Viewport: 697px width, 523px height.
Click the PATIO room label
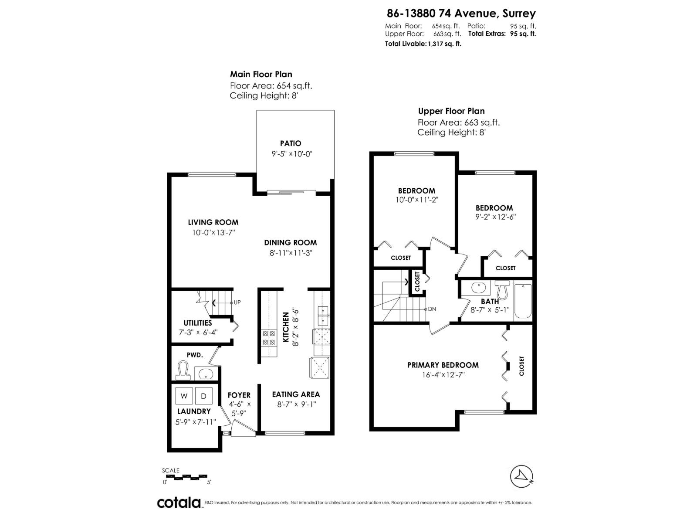click(291, 143)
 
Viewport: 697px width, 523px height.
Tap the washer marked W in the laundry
click(184, 396)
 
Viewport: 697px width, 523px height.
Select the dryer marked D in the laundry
click(203, 396)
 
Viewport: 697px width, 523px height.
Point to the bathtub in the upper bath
click(523, 301)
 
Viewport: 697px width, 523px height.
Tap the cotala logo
click(179, 503)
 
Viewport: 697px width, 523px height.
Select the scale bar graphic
click(186, 477)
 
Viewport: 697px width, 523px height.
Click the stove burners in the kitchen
click(269, 338)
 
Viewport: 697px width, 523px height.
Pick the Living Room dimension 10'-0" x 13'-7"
click(213, 233)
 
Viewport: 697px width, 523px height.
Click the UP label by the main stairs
click(237, 302)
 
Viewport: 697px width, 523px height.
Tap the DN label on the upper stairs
click(432, 309)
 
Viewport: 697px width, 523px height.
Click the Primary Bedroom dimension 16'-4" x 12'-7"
click(443, 375)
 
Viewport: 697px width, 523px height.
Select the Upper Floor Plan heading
click(451, 111)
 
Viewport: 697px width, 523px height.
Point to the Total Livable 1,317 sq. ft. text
click(423, 44)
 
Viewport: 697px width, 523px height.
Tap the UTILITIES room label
click(198, 323)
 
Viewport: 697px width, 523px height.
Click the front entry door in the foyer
click(243, 429)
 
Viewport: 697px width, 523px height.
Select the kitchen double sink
click(322, 316)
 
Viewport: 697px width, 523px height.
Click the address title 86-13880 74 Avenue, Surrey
click(461, 14)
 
